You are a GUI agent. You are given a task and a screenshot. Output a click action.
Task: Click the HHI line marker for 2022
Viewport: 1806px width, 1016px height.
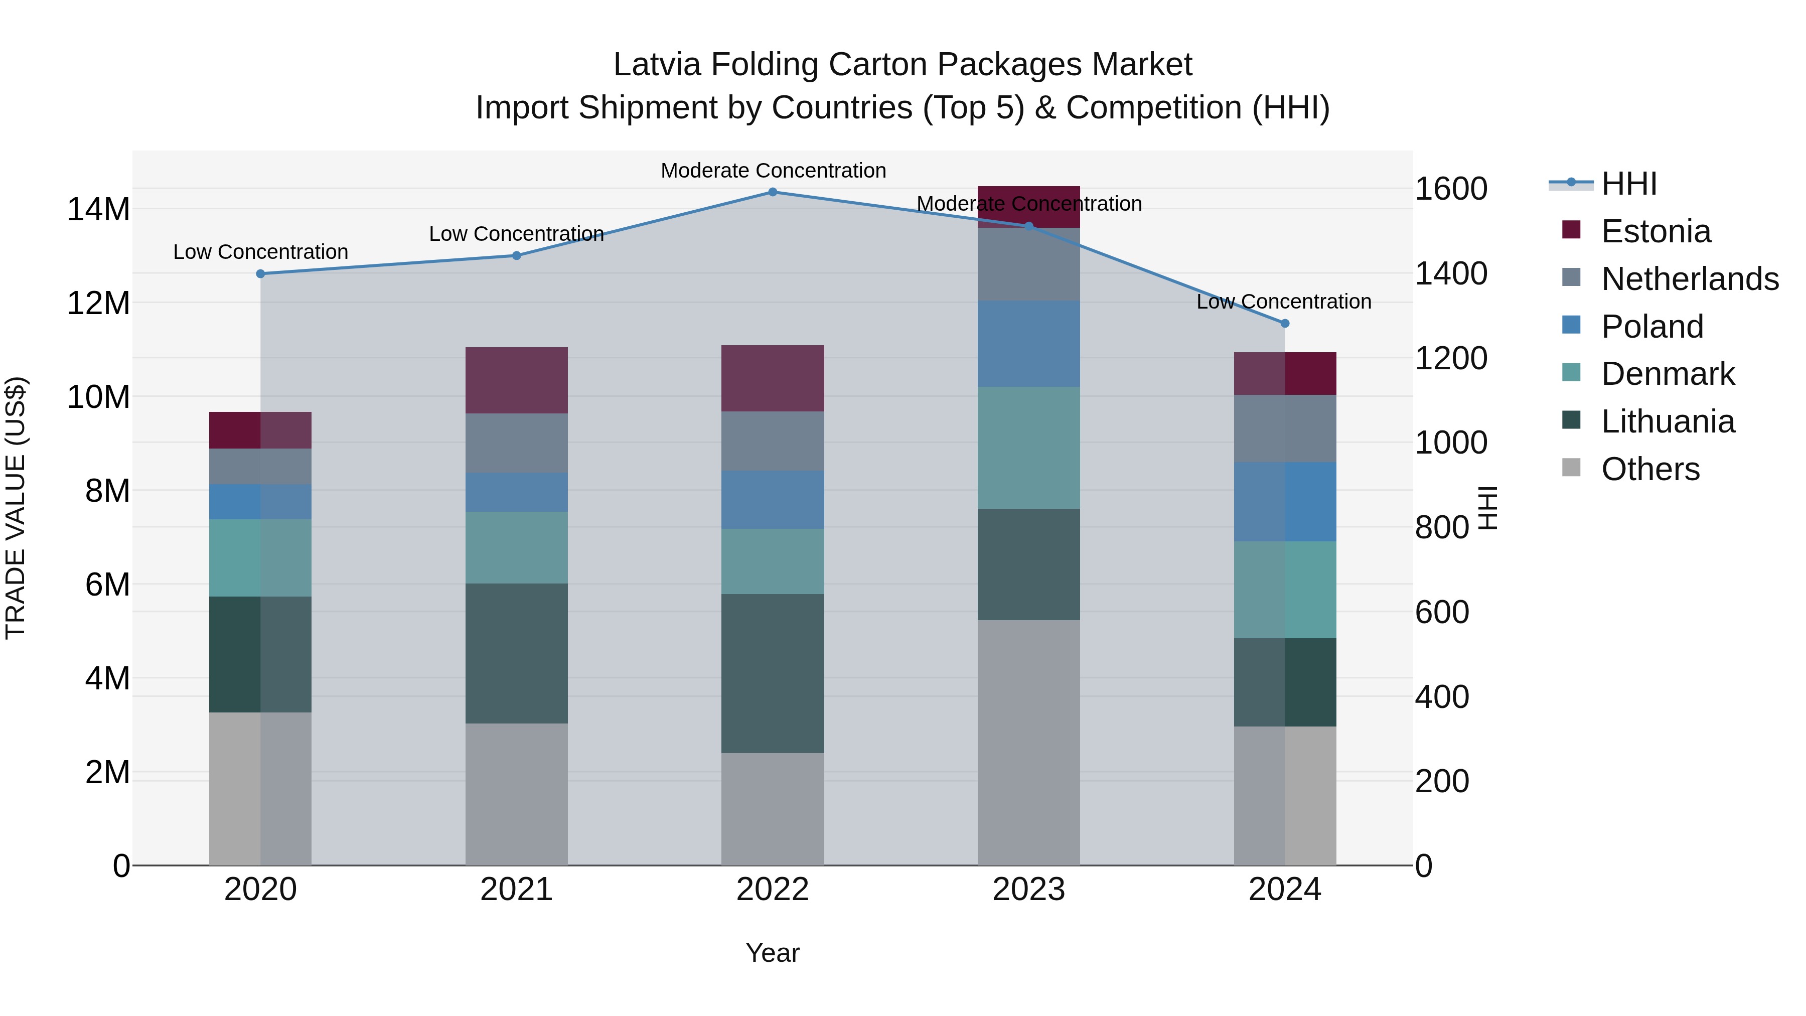773,192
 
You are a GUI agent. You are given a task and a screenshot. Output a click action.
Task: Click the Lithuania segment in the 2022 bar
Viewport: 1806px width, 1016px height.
773,673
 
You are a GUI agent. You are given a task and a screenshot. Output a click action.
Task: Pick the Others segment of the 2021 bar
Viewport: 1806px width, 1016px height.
516,794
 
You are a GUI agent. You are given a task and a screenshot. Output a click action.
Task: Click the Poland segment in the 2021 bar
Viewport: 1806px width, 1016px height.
516,492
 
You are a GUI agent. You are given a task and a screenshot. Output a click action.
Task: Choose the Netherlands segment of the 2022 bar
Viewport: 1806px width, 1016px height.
773,441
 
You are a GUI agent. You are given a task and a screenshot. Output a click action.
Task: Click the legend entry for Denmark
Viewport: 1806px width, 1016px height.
1667,374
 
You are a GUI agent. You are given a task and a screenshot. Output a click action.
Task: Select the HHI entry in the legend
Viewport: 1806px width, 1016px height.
1628,184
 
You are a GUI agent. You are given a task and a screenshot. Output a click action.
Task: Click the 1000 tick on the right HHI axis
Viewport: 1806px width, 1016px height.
1450,443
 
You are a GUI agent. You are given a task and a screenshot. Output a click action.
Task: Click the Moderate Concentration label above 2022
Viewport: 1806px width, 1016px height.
773,171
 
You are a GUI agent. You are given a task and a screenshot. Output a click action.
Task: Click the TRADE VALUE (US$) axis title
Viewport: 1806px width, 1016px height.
16,508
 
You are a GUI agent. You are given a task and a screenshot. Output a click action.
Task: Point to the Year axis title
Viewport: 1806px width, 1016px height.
772,953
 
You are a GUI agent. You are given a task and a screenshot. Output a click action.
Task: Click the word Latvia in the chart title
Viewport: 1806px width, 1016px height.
657,65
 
